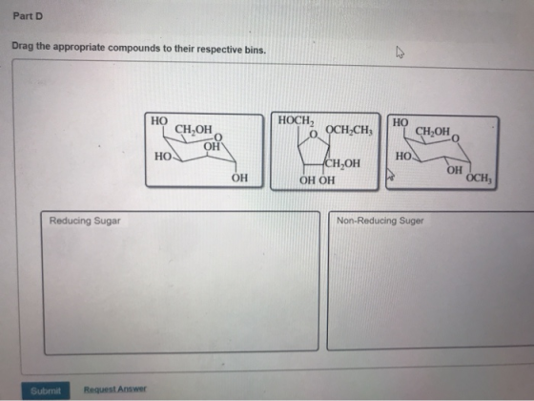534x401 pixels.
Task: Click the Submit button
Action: [46, 390]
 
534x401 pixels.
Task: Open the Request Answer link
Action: [115, 390]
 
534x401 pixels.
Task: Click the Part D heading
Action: [28, 16]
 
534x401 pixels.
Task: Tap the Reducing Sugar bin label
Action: [85, 221]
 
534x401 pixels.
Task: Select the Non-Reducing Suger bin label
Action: [380, 221]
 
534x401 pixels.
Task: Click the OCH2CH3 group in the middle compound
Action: [349, 130]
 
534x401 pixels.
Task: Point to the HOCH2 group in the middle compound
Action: [296, 120]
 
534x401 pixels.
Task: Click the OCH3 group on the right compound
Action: [479, 178]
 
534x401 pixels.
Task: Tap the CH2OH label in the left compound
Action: [194, 129]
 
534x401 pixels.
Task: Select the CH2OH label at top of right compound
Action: [433, 131]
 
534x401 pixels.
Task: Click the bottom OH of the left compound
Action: [239, 178]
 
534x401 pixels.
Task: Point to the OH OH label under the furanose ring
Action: [317, 179]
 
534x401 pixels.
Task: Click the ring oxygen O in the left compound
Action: [218, 137]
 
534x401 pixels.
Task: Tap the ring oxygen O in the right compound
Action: [456, 138]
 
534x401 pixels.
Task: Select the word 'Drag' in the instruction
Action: [23, 46]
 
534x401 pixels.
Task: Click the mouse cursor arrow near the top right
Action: [400, 53]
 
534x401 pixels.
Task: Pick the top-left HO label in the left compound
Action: [159, 120]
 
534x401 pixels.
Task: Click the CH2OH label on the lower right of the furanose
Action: [342, 163]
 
